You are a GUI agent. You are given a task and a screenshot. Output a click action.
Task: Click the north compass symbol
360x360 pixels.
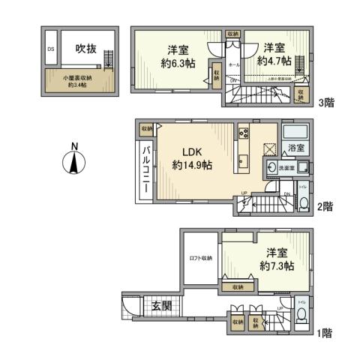73,160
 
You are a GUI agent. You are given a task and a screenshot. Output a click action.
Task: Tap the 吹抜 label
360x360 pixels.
85,49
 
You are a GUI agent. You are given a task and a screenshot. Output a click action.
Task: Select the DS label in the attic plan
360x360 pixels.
51,50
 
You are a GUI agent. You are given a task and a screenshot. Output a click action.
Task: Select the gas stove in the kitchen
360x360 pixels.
244,133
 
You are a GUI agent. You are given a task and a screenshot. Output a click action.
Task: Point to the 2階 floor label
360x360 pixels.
324,205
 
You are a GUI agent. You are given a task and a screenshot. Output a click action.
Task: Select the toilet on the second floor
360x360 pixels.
303,203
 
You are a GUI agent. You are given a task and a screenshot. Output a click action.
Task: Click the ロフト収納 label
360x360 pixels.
198,259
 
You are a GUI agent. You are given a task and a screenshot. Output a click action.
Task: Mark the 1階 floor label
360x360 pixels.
324,330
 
